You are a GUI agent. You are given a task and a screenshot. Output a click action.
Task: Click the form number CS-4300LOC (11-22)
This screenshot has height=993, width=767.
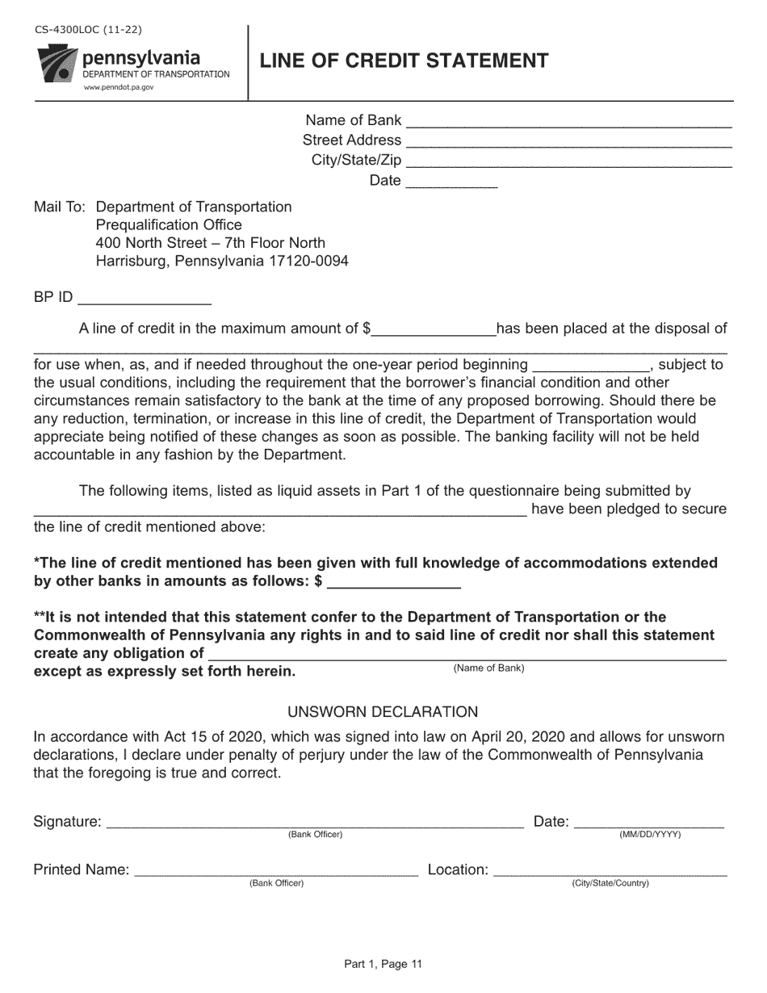(88, 31)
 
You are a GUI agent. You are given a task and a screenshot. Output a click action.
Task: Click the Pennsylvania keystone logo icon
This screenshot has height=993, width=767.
(57, 65)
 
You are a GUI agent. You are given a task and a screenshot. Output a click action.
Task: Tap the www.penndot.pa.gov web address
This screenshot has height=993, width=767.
(119, 87)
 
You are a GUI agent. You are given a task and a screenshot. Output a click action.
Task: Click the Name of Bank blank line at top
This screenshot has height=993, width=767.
(568, 122)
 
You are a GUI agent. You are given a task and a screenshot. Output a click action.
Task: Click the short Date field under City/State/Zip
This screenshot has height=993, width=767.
(451, 182)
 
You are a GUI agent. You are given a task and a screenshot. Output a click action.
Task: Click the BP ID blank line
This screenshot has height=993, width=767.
(144, 299)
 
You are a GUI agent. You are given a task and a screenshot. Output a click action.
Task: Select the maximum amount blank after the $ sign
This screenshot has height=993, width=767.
(434, 329)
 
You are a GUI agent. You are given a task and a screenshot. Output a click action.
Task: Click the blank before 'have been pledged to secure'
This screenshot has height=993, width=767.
(279, 510)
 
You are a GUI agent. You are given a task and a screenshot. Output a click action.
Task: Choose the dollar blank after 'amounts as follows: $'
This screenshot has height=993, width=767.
(393, 582)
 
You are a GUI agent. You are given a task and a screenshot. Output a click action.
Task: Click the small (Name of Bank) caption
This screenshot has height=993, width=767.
(488, 668)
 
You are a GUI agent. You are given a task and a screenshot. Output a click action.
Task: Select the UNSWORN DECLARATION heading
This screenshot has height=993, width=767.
(383, 712)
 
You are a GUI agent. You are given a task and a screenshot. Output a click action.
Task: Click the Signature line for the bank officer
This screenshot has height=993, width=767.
(315, 823)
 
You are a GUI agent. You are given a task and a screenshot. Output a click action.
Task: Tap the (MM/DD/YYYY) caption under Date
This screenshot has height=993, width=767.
(650, 835)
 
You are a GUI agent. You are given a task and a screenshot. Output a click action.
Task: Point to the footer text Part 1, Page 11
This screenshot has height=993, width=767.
(383, 963)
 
